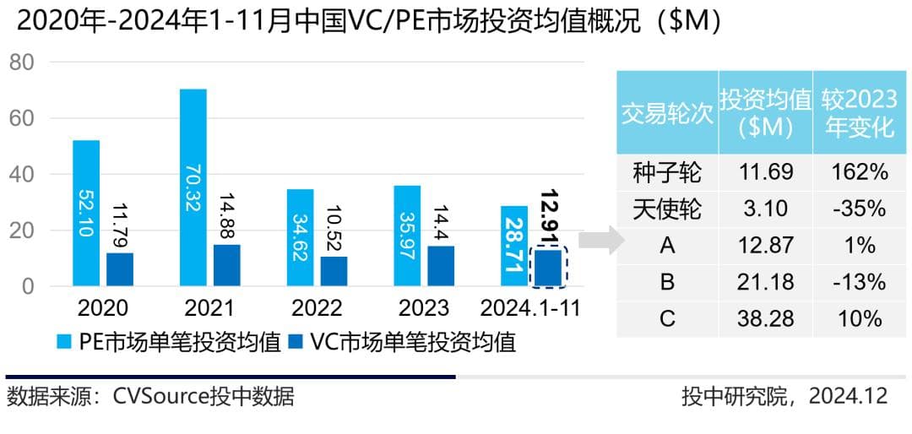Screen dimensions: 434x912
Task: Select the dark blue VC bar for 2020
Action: pyautogui.click(x=120, y=269)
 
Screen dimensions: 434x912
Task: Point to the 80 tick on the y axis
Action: pyautogui.click(x=22, y=62)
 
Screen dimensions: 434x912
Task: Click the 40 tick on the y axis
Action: pyautogui.click(x=22, y=175)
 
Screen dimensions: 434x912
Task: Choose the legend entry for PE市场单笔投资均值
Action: pyautogui.click(x=169, y=342)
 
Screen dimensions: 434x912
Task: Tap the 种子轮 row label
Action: pyautogui.click(x=667, y=172)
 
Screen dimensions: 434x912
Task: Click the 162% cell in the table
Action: pyautogui.click(x=860, y=172)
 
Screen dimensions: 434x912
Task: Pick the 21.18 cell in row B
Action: pyautogui.click(x=765, y=282)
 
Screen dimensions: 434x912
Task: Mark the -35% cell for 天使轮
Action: pyautogui.click(x=860, y=209)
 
